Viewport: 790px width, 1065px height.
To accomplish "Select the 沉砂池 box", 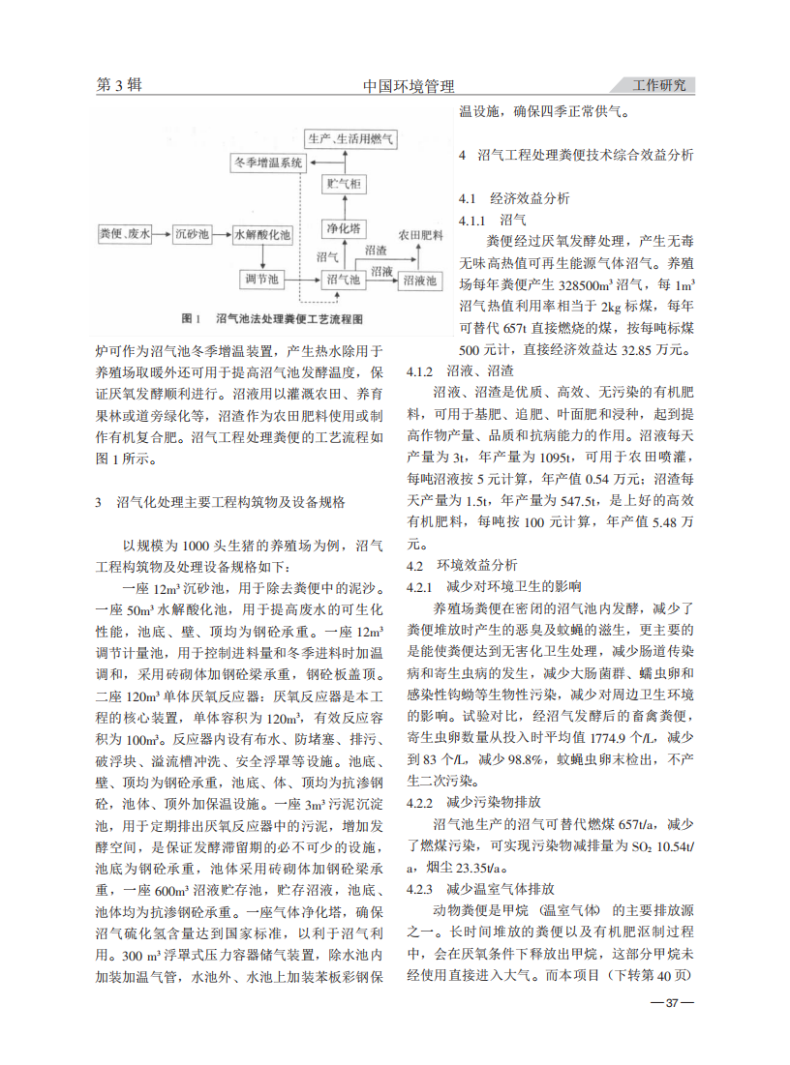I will coord(192,234).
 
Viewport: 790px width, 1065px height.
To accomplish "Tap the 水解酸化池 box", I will coord(262,234).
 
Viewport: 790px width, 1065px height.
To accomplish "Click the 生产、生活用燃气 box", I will coord(350,138).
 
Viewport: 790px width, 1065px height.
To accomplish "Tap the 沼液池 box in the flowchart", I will coord(419,280).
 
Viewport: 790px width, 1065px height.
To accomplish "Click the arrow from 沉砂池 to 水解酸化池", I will coord(222,234).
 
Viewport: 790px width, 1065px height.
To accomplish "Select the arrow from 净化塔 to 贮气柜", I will coord(343,205).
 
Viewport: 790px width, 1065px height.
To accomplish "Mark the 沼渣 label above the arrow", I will coord(377,250).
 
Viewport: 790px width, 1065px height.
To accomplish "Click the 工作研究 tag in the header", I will coord(658,85).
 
